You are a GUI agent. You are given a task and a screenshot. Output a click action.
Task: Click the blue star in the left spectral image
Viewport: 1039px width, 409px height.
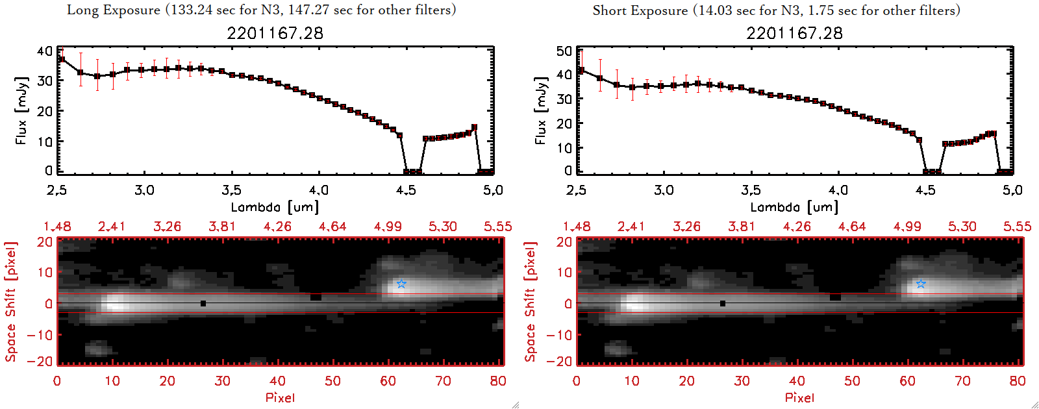401,284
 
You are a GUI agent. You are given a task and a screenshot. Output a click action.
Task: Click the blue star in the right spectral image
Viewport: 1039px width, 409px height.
921,284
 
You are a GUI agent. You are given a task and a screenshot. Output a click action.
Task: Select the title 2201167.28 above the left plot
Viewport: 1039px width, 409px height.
275,33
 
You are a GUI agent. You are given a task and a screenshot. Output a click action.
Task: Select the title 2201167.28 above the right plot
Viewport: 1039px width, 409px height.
794,33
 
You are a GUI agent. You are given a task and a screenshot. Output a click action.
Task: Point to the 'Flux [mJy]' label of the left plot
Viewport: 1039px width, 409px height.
21,110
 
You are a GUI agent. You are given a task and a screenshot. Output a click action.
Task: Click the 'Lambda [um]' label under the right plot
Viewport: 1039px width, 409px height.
794,207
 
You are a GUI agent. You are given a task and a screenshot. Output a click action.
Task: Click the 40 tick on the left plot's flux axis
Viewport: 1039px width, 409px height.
44,51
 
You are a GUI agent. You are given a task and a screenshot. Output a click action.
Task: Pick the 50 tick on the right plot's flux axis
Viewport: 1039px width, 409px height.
564,51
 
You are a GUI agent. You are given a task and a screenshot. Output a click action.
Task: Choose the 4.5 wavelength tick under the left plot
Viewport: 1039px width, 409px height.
406,190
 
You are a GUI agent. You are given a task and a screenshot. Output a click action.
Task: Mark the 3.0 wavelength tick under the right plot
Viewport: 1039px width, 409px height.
664,190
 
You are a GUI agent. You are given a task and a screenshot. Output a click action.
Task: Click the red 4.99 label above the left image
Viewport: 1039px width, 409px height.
388,227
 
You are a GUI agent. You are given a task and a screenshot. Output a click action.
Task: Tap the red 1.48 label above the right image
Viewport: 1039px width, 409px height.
577,227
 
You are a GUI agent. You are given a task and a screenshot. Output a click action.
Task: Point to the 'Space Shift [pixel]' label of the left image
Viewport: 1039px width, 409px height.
10,302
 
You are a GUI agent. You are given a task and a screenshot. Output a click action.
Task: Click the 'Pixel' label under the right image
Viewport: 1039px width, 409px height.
799,397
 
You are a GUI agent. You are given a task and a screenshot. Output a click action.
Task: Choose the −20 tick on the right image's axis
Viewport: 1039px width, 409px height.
559,361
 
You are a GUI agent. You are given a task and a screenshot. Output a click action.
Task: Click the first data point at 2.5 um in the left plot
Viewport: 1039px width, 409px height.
62,59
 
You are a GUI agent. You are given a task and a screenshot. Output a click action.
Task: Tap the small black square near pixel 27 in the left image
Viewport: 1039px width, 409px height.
203,303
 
